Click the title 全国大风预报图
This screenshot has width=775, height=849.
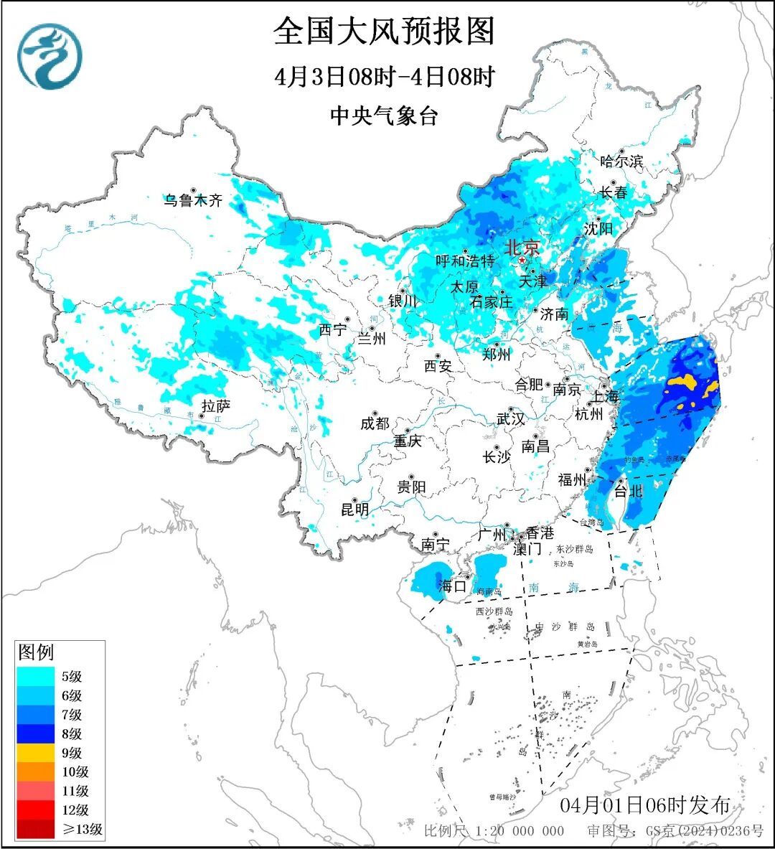coord(385,32)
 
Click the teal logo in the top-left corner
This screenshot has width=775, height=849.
coord(50,56)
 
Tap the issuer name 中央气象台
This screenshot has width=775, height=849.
coord(384,116)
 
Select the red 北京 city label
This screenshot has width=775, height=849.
coord(522,248)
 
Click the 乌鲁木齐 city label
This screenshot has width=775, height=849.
coord(192,201)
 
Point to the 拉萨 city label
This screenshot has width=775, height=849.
coord(215,406)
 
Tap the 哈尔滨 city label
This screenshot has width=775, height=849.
coord(621,161)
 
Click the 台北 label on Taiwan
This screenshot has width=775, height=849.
coord(628,492)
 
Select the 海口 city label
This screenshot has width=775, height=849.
coord(452,586)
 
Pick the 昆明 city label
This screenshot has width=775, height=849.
coord(354,510)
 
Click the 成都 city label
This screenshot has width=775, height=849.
coord(375,423)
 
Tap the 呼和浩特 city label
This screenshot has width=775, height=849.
coord(465,261)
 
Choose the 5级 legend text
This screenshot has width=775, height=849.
coord(71,677)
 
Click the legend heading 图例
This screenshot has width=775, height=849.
coord(36,652)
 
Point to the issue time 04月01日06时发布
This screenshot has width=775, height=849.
coord(644,805)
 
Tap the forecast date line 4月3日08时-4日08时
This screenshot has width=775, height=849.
coord(385,77)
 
